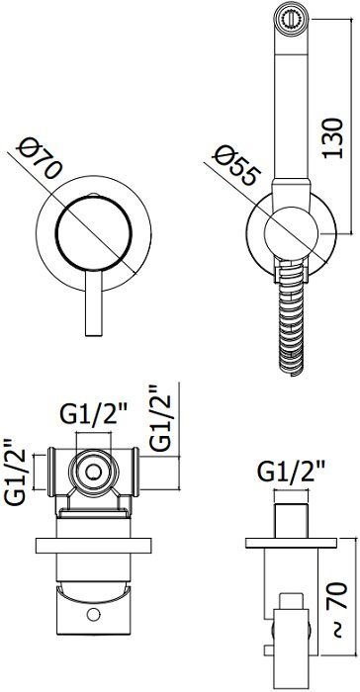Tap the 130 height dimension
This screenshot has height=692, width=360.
click(x=332, y=138)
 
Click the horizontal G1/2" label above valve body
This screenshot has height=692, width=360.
click(x=94, y=414)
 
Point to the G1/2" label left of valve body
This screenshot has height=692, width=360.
click(x=15, y=472)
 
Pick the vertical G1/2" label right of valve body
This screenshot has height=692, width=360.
click(x=159, y=418)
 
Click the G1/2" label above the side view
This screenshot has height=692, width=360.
click(x=291, y=473)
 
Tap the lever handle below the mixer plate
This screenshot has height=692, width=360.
click(x=94, y=303)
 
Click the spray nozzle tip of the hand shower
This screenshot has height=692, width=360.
click(x=291, y=19)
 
